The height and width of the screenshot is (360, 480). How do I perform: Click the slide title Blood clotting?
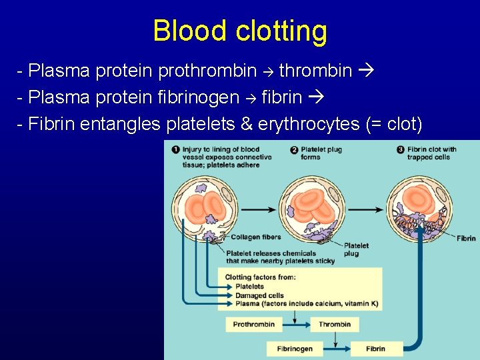click(x=240, y=31)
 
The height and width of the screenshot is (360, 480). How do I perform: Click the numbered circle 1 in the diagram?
click(x=175, y=149)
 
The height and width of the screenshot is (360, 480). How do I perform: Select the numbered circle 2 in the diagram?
click(x=294, y=149)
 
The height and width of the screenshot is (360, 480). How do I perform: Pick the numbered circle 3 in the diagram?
click(x=401, y=149)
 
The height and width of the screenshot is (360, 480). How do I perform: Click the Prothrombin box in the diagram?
click(x=253, y=325)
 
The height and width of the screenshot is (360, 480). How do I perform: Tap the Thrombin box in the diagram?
click(x=334, y=325)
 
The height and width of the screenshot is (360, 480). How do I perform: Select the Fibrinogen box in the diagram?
click(x=295, y=349)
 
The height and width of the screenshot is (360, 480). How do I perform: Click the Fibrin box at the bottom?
click(x=375, y=349)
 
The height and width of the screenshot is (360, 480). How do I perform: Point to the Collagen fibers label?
click(x=255, y=237)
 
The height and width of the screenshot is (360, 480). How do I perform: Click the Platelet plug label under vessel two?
click(x=355, y=249)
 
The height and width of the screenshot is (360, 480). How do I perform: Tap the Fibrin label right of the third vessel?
click(x=466, y=238)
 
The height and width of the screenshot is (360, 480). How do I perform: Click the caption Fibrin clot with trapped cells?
click(x=431, y=153)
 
